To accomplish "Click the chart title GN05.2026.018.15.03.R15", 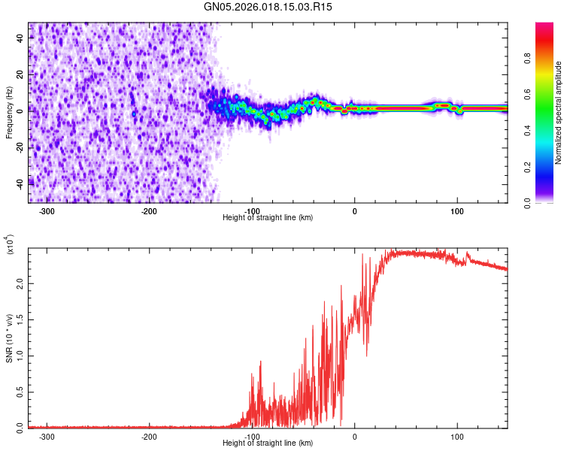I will point(274,7).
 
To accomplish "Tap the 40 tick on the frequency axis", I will point(20,38).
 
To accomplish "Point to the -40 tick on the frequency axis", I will point(20,182).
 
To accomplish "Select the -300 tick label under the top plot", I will point(47,210).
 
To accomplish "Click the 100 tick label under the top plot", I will point(456,210).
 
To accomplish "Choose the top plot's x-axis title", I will point(268,218).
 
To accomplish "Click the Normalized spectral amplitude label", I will point(559,113).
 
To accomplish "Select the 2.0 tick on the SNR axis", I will point(20,283).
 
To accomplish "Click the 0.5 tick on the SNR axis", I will point(20,392).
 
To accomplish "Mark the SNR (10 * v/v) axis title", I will point(9,338).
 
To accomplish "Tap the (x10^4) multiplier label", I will point(10,245).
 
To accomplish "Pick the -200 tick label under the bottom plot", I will point(149,436).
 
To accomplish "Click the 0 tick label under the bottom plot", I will point(354,436).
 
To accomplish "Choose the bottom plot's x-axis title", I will point(268,443).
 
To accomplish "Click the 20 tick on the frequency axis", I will point(20,74).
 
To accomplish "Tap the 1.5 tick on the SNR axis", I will point(20,319).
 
